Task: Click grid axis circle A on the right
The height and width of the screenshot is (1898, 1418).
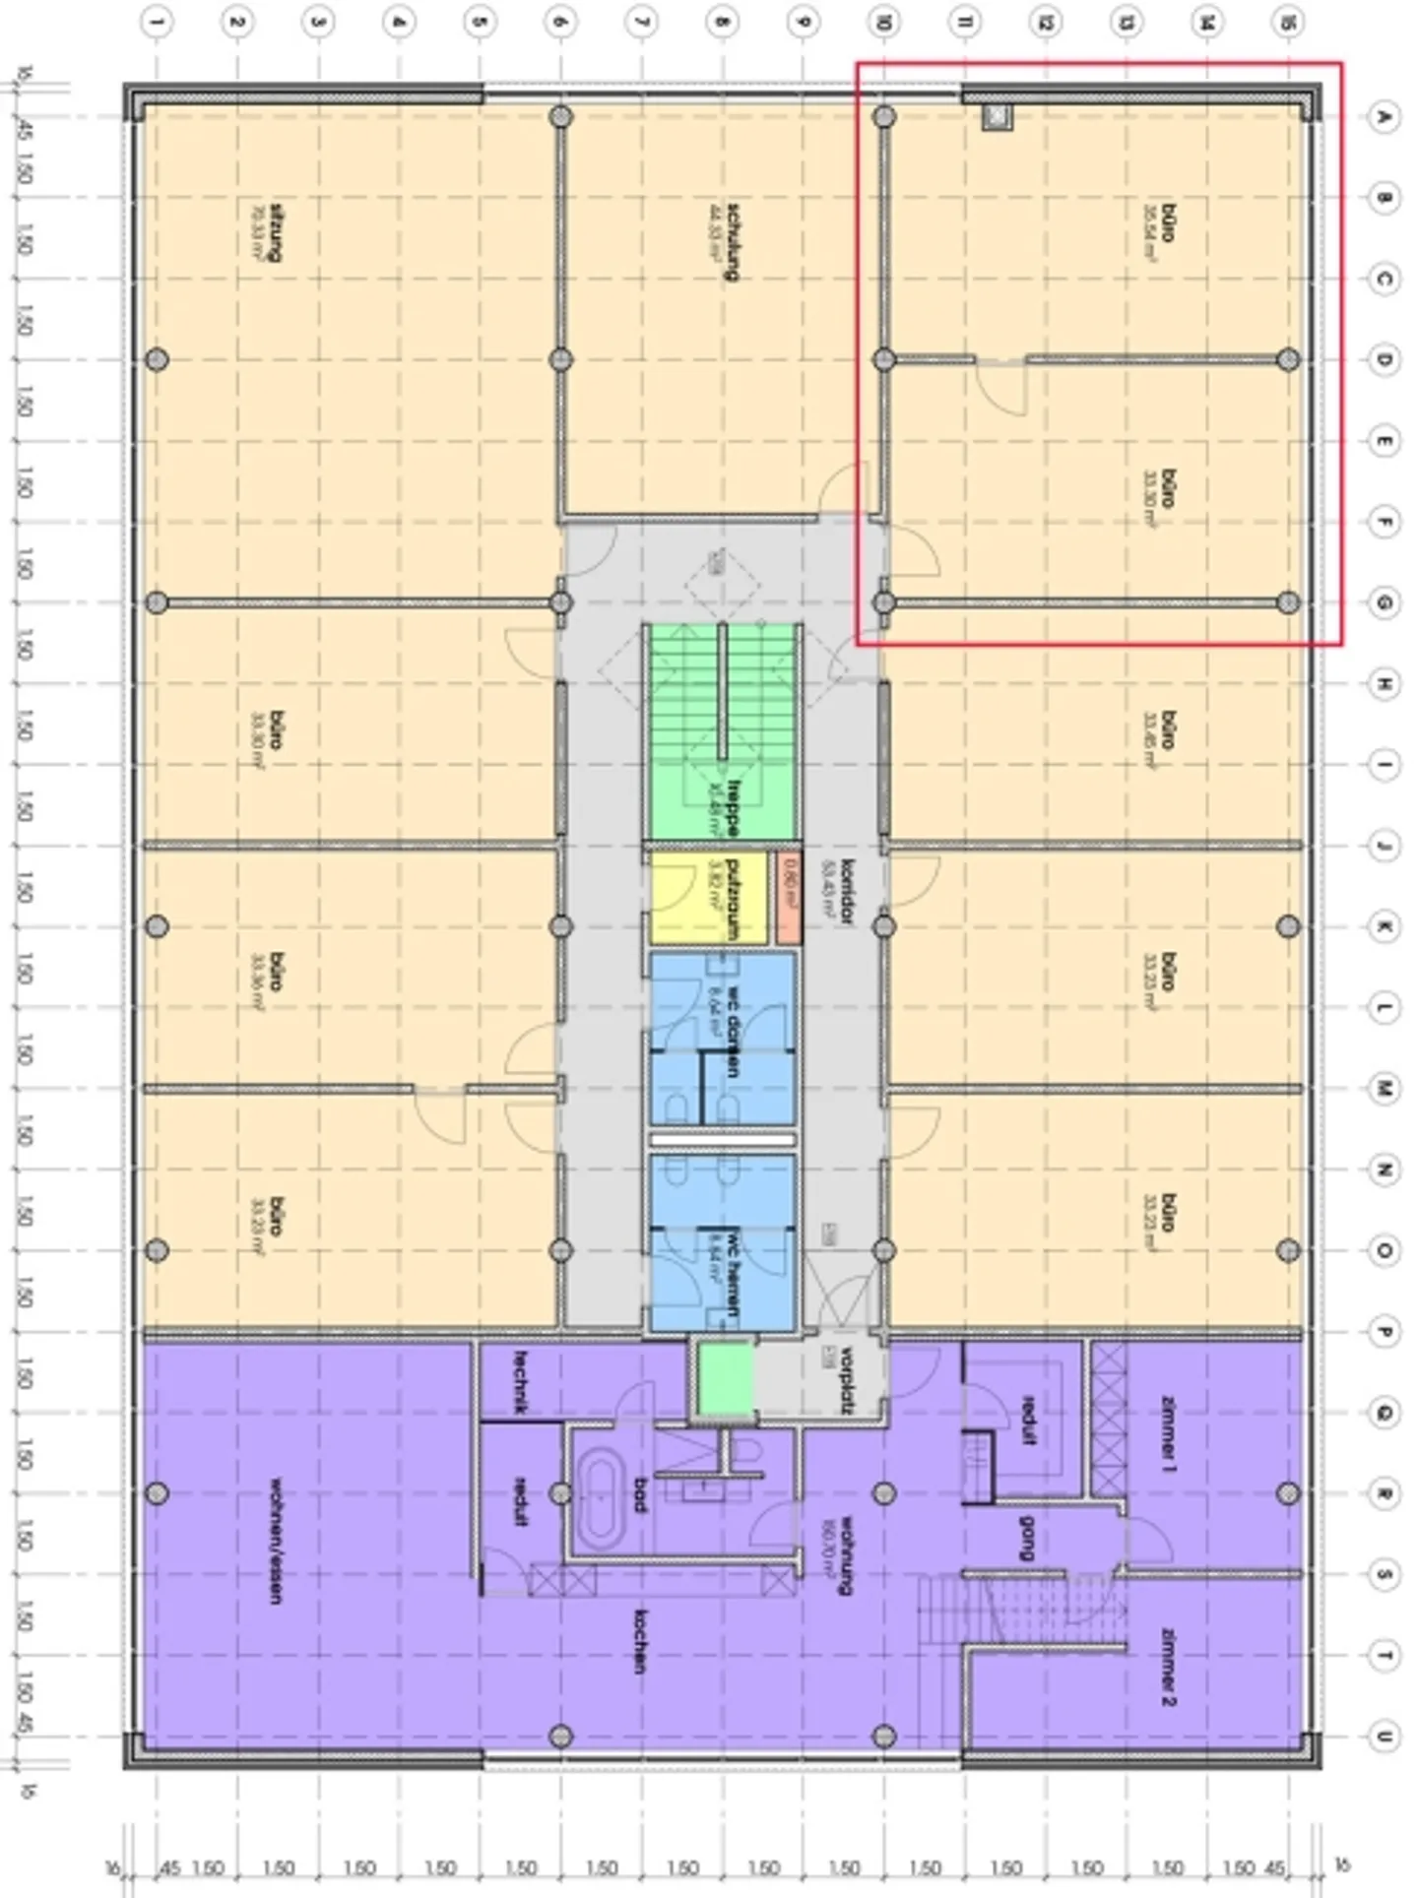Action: [x=1384, y=117]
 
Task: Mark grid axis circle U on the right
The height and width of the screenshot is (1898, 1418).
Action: [x=1384, y=1737]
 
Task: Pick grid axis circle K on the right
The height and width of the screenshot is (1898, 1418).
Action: [x=1384, y=926]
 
